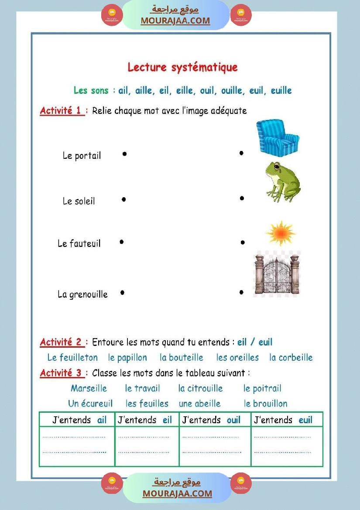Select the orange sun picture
(281, 233)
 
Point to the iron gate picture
(277, 274)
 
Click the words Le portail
(82, 156)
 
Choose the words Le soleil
(79, 201)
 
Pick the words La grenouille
(82, 294)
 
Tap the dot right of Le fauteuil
(122, 242)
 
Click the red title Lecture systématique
(182, 67)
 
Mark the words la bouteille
(182, 358)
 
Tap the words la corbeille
(291, 358)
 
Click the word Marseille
(89, 388)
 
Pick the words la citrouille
(200, 388)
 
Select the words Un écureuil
(90, 404)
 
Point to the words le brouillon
(265, 404)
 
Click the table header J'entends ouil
(211, 420)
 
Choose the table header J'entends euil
(283, 420)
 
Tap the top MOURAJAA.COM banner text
(175, 21)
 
